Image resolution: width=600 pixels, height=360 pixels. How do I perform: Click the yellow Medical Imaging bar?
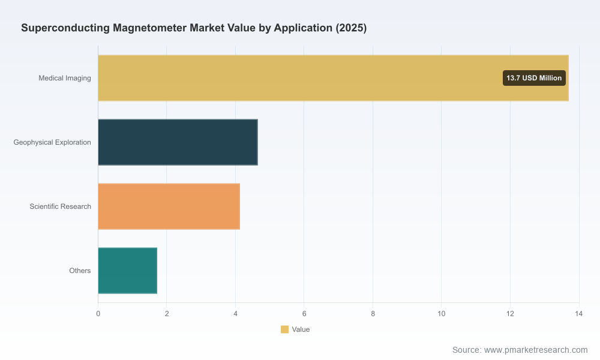point(333,78)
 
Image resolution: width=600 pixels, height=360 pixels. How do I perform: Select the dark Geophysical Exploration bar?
point(178,142)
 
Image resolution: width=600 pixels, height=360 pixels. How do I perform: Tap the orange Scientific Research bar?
point(169,206)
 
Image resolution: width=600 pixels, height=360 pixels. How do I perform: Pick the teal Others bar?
point(128,271)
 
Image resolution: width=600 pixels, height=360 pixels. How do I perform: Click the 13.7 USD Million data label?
point(534,78)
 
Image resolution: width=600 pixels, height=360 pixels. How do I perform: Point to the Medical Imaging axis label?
point(65,78)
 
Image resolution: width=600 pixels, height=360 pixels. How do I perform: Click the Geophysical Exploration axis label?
point(52,142)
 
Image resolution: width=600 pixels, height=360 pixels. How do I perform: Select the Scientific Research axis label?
point(61,206)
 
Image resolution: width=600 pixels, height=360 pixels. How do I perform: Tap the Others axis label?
point(80,271)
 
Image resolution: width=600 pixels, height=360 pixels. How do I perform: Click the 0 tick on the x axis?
point(98,314)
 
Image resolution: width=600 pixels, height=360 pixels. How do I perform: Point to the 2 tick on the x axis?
point(167,314)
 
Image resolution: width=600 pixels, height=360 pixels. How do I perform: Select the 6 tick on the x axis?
point(304,314)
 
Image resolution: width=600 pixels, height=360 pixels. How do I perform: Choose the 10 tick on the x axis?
point(442,314)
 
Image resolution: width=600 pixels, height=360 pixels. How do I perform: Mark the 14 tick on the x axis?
point(579,314)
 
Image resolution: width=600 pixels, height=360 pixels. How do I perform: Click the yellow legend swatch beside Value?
point(284,329)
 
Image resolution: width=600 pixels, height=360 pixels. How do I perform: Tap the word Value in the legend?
point(301,329)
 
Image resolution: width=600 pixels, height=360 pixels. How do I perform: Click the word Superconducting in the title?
point(65,28)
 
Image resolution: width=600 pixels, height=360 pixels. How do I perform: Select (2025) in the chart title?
point(351,28)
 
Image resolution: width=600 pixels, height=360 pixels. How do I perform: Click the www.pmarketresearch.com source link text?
point(536,350)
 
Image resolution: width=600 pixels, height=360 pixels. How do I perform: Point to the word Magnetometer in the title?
point(149,28)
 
